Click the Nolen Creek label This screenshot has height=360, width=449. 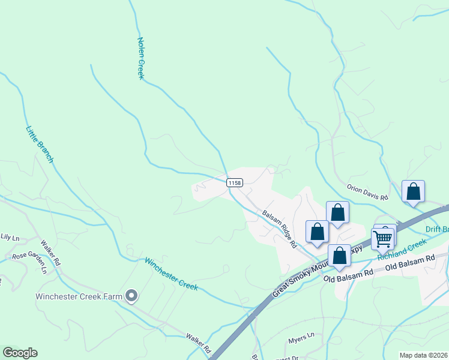pyautogui.click(x=142, y=58)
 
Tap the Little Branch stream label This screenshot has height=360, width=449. pyautogui.click(x=40, y=144)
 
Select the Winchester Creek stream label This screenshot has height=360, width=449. pyautogui.click(x=171, y=274)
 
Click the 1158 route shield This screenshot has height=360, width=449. pyautogui.click(x=235, y=182)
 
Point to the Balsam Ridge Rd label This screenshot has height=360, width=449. pyautogui.click(x=280, y=229)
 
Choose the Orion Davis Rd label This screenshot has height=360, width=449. pyautogui.click(x=368, y=192)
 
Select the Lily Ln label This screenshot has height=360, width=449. pyautogui.click(x=10, y=238)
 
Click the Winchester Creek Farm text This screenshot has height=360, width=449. pyautogui.click(x=79, y=296)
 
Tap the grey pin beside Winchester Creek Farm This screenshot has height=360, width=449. pyautogui.click(x=132, y=295)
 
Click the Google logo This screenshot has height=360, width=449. pyautogui.click(x=20, y=353)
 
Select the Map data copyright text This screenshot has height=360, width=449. pyautogui.click(x=423, y=355)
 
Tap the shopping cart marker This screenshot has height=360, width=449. pyautogui.click(x=382, y=238)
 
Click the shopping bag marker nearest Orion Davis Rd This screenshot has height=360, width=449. pyautogui.click(x=413, y=192)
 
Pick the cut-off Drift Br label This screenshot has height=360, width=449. pyautogui.click(x=437, y=229)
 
